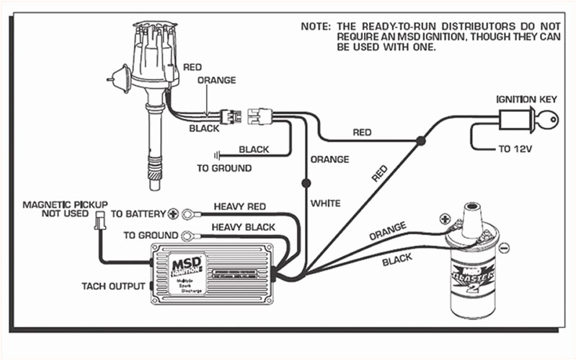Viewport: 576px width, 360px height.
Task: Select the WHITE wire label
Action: click(x=325, y=203)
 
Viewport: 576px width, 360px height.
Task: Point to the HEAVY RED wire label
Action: click(x=239, y=206)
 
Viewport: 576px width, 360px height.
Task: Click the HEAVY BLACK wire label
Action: click(x=244, y=227)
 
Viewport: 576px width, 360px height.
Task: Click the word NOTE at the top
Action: click(x=315, y=26)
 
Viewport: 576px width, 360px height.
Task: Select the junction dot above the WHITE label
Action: click(x=306, y=183)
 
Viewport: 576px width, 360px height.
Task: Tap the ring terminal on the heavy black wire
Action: click(x=190, y=235)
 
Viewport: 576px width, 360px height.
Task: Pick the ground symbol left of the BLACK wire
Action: click(x=216, y=154)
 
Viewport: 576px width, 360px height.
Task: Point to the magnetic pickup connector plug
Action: click(x=99, y=227)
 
